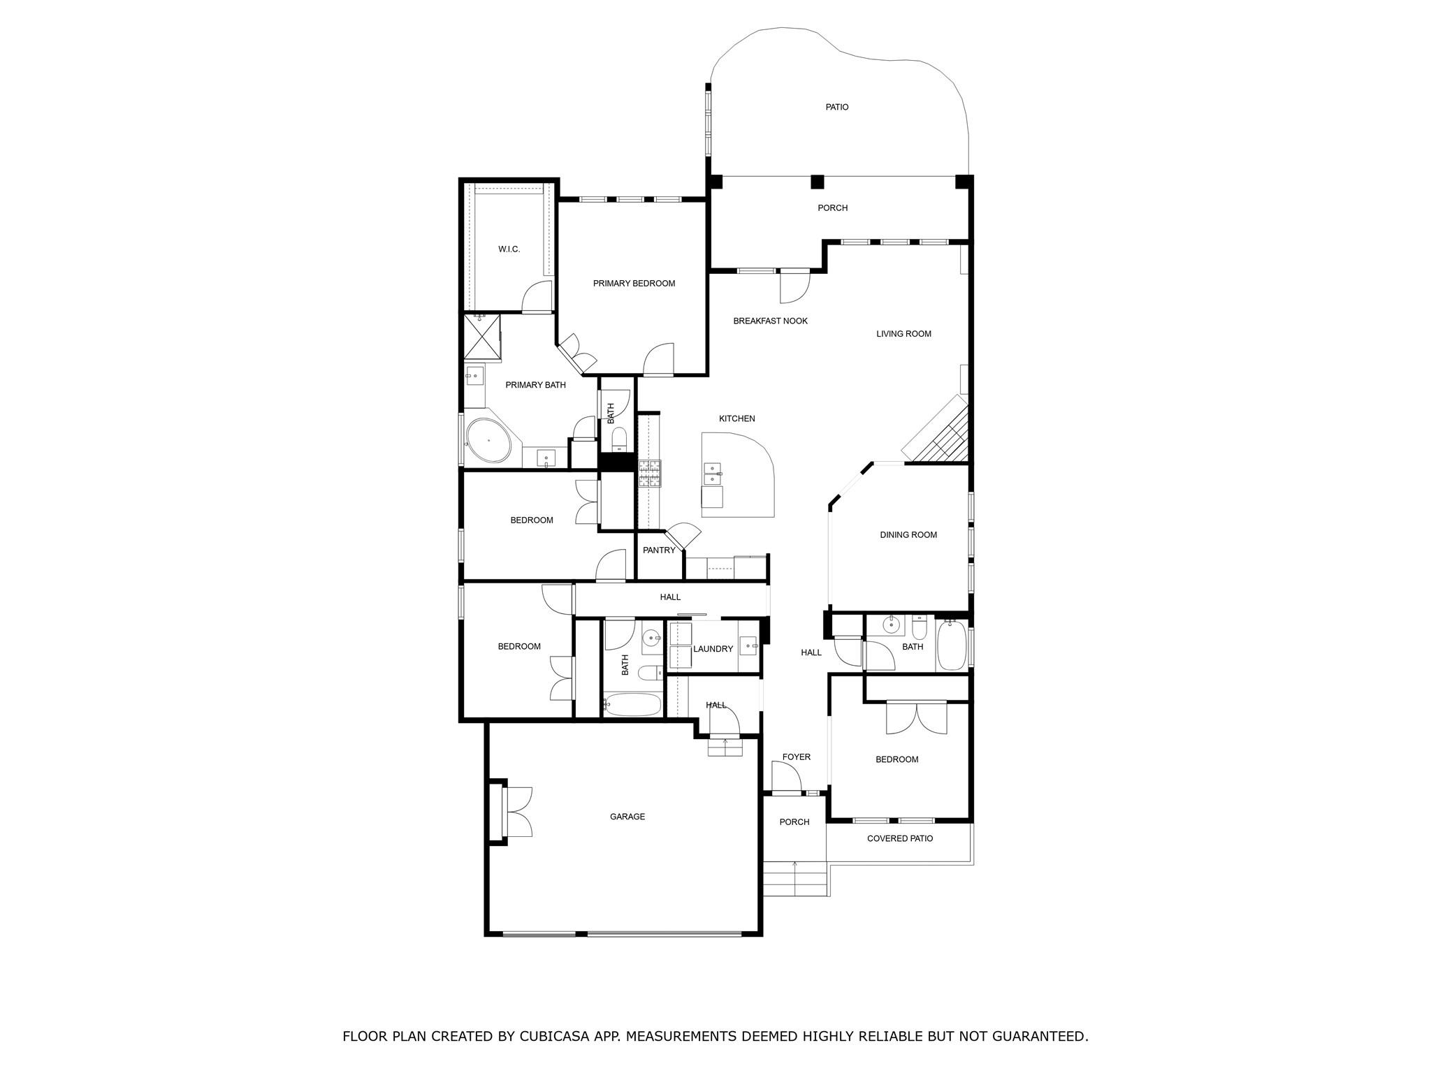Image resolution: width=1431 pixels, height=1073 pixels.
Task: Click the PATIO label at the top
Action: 836,107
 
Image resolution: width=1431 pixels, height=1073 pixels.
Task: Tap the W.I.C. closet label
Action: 509,249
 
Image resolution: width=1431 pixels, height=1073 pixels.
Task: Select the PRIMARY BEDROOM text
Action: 634,284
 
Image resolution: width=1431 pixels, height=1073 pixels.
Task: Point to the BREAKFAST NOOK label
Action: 770,321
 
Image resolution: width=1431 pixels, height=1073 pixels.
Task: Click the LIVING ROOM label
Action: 903,334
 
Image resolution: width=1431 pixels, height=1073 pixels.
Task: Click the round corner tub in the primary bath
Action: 488,440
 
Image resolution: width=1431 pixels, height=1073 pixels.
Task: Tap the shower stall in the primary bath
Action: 482,337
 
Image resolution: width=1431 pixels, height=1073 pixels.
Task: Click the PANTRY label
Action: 659,550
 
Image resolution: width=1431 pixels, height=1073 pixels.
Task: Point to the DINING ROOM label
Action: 908,535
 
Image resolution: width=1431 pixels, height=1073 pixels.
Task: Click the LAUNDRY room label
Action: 713,649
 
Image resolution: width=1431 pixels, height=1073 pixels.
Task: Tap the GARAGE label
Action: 627,817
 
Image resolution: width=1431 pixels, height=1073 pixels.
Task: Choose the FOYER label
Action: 796,757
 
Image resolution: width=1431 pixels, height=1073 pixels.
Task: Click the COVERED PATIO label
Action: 899,838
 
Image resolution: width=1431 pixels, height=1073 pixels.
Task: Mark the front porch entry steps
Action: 794,879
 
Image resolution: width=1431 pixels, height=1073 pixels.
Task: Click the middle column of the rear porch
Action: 817,182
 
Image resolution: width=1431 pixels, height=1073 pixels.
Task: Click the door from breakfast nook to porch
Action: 794,286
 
